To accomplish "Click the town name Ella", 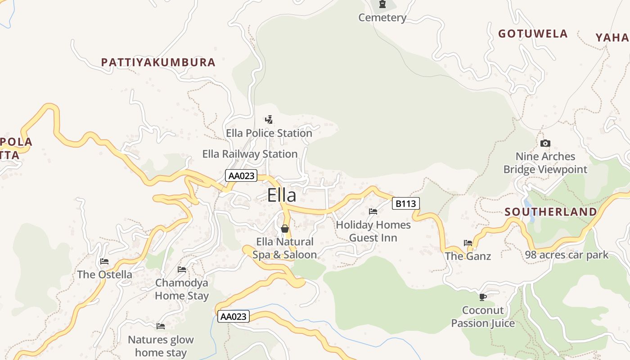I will [282, 195].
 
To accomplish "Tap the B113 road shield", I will [405, 204].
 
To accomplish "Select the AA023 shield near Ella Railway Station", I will [241, 175].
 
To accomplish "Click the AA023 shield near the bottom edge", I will [233, 316].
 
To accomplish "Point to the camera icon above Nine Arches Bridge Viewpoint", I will [545, 144].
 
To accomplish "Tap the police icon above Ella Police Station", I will [269, 120].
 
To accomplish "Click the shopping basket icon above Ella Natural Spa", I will [285, 229].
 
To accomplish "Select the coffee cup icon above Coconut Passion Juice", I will [483, 297].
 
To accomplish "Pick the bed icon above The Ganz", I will [468, 243].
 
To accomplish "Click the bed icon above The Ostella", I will [104, 261].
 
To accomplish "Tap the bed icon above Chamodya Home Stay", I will [182, 270].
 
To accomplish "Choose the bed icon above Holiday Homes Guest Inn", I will [373, 211].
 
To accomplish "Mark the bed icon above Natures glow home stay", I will [161, 326].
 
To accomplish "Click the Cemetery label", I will [382, 18].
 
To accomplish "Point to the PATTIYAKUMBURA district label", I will [158, 63].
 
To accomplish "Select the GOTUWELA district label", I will [533, 34].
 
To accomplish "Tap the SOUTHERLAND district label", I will [551, 212].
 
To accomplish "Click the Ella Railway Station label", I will [250, 154].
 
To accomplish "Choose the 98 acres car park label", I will [567, 255].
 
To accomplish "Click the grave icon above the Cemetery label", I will [382, 4].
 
